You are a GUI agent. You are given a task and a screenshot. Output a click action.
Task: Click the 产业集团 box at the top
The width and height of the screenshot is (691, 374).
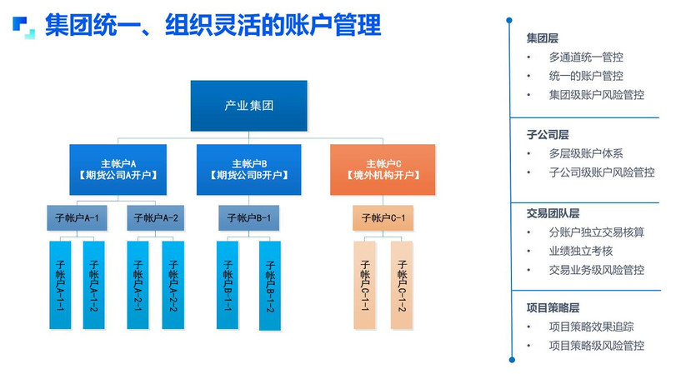pyautogui.click(x=249, y=106)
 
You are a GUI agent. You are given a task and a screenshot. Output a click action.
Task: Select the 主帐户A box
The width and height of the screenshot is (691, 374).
pyautogui.click(x=118, y=170)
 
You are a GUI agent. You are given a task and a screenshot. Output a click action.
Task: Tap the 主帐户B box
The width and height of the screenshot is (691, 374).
pyautogui.click(x=249, y=170)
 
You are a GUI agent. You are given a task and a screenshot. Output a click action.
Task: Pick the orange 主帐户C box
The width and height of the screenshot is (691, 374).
pyautogui.click(x=383, y=170)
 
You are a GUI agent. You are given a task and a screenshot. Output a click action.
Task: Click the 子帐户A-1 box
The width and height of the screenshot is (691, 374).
pyautogui.click(x=78, y=218)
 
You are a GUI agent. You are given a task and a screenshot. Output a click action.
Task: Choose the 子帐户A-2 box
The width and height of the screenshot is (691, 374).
pyautogui.click(x=156, y=218)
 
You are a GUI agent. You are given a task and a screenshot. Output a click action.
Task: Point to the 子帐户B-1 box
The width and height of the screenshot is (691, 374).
pyautogui.click(x=249, y=218)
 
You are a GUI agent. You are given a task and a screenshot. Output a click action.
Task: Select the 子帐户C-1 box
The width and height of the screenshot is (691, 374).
pyautogui.click(x=383, y=218)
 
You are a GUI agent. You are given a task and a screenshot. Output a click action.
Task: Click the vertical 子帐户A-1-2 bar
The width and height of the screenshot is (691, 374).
pyautogui.click(x=94, y=285)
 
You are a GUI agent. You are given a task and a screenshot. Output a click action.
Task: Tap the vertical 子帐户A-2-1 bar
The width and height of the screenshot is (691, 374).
pyautogui.click(x=138, y=285)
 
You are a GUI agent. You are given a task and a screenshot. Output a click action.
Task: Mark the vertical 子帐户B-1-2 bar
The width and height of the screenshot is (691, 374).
pyautogui.click(x=270, y=286)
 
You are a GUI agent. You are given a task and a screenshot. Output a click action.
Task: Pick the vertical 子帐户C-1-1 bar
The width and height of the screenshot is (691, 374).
pyautogui.click(x=365, y=285)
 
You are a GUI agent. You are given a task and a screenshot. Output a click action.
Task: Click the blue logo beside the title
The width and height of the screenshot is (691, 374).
pyautogui.click(x=24, y=27)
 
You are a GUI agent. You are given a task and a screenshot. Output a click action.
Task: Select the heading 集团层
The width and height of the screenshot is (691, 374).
pyautogui.click(x=543, y=38)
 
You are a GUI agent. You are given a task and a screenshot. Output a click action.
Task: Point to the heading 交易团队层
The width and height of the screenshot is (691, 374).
pyautogui.click(x=553, y=213)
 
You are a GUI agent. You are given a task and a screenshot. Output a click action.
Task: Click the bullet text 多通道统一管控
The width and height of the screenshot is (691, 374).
pyautogui.click(x=586, y=57)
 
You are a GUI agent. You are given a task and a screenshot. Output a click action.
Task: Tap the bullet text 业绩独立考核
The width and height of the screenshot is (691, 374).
pyautogui.click(x=581, y=251)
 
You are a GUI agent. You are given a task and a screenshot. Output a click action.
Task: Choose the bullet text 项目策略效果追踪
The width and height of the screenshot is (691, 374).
pyautogui.click(x=592, y=327)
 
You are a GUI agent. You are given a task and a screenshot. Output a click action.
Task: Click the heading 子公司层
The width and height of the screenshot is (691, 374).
pyautogui.click(x=548, y=134)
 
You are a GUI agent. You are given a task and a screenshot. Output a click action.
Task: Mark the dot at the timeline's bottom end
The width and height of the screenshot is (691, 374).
pyautogui.click(x=512, y=360)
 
